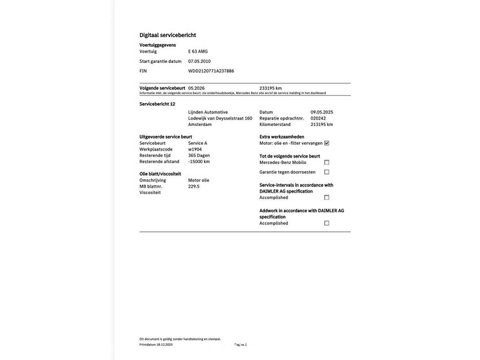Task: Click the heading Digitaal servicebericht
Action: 167,35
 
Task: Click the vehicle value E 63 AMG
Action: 198,51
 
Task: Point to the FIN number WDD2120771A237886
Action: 211,71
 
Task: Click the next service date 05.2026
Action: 197,88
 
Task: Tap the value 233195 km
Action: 270,88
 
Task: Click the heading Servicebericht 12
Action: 157,104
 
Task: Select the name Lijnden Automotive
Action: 207,112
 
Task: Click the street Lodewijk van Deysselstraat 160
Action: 220,118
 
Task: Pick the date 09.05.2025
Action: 322,112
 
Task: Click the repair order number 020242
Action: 318,118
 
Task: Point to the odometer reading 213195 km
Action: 322,125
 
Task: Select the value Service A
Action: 198,143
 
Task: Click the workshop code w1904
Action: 195,149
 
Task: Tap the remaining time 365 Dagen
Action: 199,155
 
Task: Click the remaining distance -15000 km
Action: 199,162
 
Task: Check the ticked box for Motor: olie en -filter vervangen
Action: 327,143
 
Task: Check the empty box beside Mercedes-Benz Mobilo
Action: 327,162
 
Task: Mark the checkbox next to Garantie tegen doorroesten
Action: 327,172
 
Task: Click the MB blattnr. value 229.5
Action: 193,186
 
